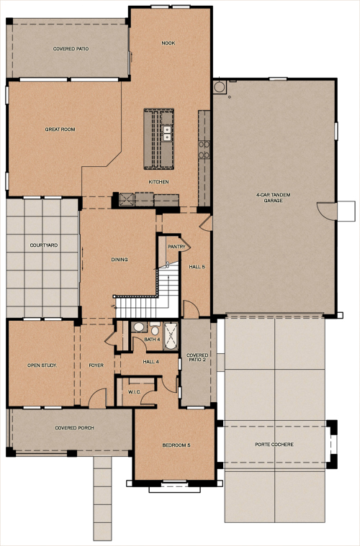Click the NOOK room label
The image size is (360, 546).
[x=168, y=43]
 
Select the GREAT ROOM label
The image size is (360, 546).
[x=60, y=129]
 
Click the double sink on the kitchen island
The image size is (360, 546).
[x=167, y=133]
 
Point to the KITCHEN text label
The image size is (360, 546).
[x=159, y=182]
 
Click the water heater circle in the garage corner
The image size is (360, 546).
[x=220, y=87]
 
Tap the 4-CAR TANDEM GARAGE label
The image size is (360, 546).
[x=274, y=198]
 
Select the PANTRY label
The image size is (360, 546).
[x=177, y=247]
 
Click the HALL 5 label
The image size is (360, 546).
[x=197, y=267]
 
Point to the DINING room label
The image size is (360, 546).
[x=120, y=259]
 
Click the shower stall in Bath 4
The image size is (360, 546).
[x=171, y=336]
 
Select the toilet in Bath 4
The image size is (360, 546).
[x=139, y=327]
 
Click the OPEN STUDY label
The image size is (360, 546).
[x=42, y=365]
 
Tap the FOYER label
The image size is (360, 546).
[x=97, y=365]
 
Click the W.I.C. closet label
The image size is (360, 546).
[x=134, y=392]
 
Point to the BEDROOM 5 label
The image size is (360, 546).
[x=176, y=446]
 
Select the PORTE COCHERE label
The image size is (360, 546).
[x=274, y=444]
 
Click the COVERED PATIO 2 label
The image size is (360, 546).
[x=197, y=358]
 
